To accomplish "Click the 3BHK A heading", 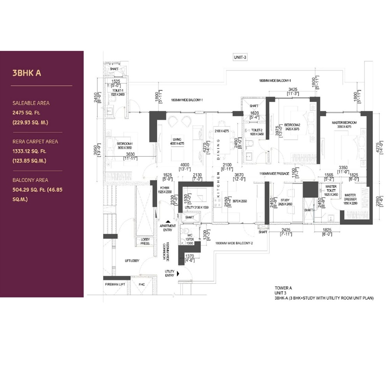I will [x=27, y=73].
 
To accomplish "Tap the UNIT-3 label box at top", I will [x=240, y=57].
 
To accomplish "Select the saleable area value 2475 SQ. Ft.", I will [x=31, y=113].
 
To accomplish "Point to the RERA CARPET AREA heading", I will [x=35, y=142].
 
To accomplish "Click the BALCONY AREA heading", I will [x=30, y=180].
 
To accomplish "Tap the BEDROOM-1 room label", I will [x=125, y=144].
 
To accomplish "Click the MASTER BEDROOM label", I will [x=344, y=123].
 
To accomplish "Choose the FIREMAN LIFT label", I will [x=115, y=284].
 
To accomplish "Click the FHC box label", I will [x=142, y=284].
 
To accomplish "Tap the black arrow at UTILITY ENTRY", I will [x=178, y=274].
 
